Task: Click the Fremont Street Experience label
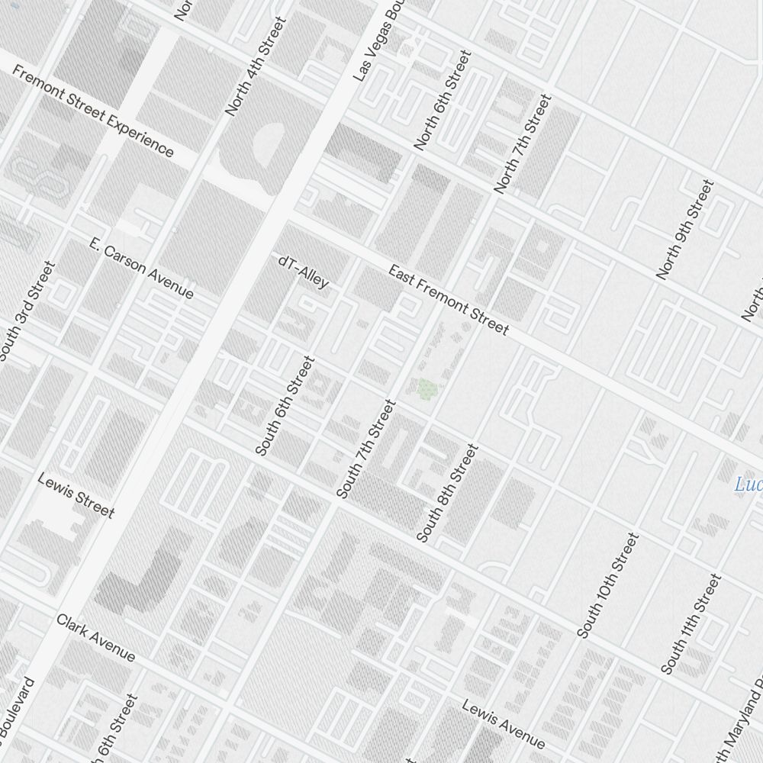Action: tap(94, 111)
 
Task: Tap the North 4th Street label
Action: tap(256, 66)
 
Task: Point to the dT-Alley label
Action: tap(304, 272)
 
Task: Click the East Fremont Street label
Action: tap(448, 300)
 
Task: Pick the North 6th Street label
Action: tap(442, 100)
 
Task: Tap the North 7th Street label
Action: tap(522, 143)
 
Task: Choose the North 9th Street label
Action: tap(684, 229)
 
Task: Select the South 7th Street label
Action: tap(366, 449)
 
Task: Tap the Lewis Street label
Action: tap(76, 494)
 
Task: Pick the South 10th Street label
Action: tap(607, 585)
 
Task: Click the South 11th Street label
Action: tap(691, 624)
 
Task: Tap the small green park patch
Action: tap(429, 390)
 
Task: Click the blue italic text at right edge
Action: tap(749, 485)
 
